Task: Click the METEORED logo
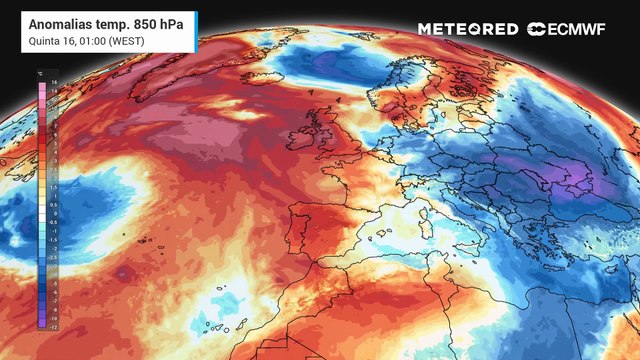pyautogui.click(x=467, y=29)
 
